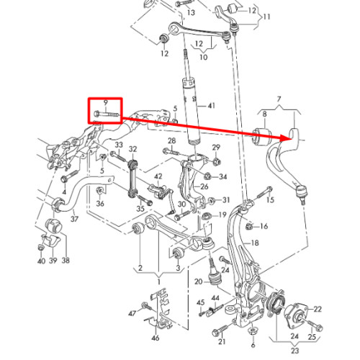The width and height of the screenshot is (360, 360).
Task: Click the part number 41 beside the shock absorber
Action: click(211, 106)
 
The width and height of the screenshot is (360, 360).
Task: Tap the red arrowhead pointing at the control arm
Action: click(287, 138)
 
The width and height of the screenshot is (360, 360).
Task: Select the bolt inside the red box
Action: click(106, 114)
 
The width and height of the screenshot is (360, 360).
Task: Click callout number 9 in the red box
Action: click(106, 103)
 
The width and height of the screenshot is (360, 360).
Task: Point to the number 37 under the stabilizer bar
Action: click(74, 219)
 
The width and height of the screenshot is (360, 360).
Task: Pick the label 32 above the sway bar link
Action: click(132, 149)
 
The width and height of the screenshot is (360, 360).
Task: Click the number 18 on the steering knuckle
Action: click(255, 243)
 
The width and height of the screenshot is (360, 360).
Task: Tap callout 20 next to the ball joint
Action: click(199, 282)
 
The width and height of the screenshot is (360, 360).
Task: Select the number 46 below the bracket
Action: click(156, 338)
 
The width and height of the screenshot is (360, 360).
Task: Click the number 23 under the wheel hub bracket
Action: click(295, 351)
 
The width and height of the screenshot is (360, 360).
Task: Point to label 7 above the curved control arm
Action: click(279, 99)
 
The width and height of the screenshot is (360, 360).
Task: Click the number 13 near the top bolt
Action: click(191, 12)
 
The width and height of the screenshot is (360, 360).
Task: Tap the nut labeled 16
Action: click(249, 226)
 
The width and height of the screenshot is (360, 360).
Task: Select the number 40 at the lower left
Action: click(41, 261)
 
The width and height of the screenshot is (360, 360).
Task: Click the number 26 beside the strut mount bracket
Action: click(204, 186)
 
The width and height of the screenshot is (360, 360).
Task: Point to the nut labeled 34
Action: click(207, 176)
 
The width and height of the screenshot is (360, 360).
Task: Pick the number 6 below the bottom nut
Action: click(253, 345)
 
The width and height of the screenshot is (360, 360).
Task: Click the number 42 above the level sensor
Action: click(158, 176)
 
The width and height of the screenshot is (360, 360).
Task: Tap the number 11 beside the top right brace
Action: click(266, 17)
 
